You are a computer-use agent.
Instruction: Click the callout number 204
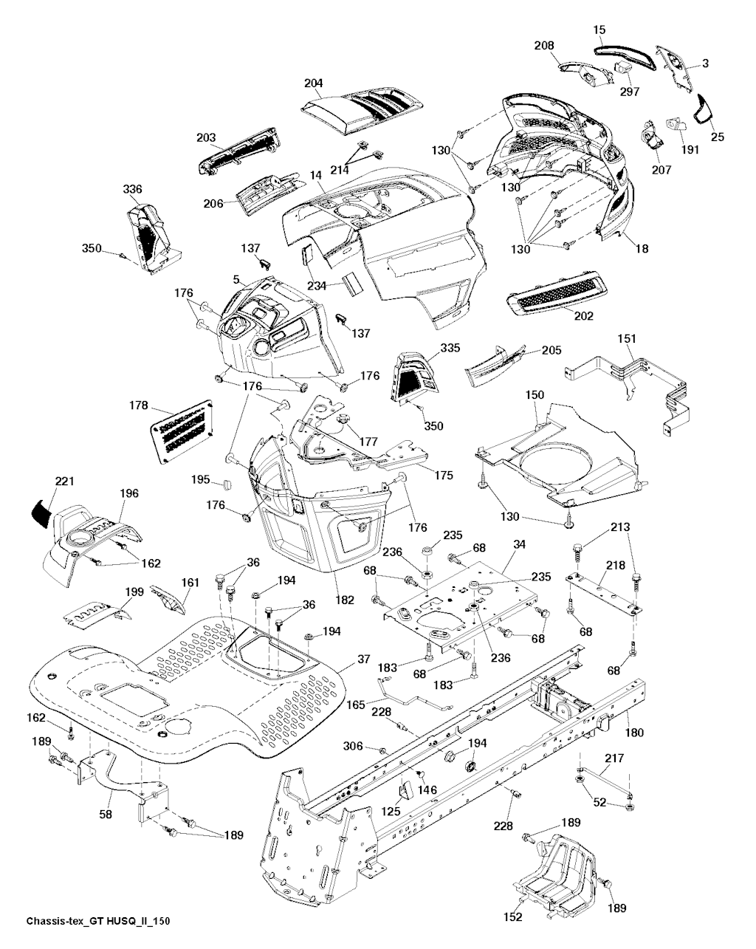tap(313, 83)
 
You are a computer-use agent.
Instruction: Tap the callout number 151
tap(626, 338)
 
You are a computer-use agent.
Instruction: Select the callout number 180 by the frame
tap(634, 733)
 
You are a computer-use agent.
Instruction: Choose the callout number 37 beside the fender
tap(362, 659)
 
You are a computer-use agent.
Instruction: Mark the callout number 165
tap(356, 705)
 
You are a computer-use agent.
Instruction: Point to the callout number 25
tap(717, 136)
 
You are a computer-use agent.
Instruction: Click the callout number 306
tap(354, 747)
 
